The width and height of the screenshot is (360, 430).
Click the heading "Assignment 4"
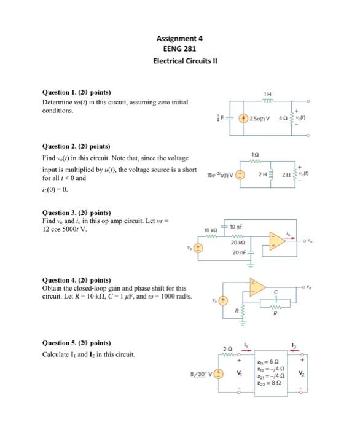click(179, 38)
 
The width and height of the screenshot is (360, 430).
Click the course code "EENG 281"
click(179, 49)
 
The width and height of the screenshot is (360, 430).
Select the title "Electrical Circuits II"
click(179, 60)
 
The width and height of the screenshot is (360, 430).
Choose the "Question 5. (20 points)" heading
click(76, 343)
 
